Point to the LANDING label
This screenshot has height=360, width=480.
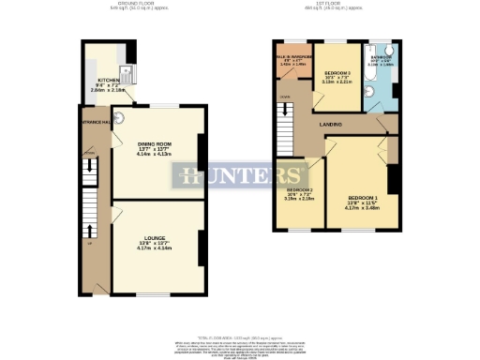(x=328, y=124)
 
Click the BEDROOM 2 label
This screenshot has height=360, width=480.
(x=299, y=190)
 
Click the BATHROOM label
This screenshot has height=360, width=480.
(x=382, y=58)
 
